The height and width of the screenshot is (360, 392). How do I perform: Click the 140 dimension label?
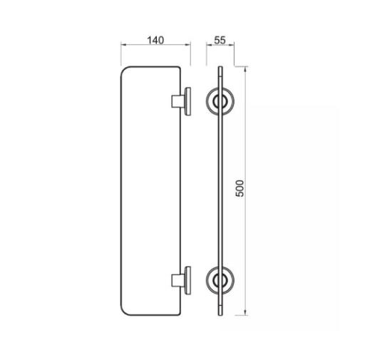click(155, 40)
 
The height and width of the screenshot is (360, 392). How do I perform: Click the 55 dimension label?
click(220, 40)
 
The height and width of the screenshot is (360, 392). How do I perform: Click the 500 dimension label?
click(239, 188)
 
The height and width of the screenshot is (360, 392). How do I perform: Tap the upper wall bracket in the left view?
click(181, 101)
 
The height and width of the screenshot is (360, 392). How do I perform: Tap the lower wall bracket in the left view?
click(181, 280)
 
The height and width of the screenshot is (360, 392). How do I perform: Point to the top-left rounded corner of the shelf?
click(124, 69)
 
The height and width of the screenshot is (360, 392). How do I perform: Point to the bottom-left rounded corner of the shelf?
click(124, 312)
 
